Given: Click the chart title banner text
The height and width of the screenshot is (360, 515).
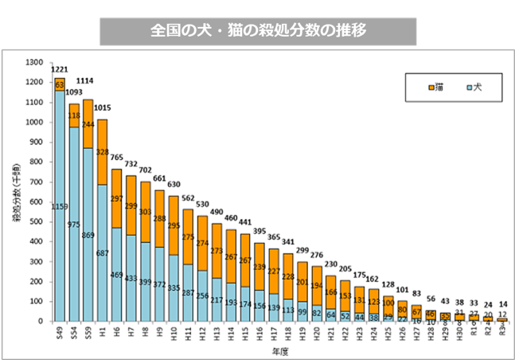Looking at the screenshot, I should point(258,31).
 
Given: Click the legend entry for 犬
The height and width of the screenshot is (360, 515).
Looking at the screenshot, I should point(472,85).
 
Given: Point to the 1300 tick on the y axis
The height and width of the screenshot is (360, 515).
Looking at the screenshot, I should point(35,62).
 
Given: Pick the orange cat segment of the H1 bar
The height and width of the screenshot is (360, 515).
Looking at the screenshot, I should point(102,151).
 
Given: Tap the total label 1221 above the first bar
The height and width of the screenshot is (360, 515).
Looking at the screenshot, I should point(59,70).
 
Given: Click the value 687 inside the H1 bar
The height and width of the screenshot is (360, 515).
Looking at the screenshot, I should point(102,252).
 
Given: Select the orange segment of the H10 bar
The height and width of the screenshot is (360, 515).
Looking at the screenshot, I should point(174,225).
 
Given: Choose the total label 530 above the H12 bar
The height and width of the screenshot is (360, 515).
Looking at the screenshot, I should point(202,206).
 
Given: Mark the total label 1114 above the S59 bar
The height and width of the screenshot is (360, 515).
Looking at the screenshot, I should point(88,80).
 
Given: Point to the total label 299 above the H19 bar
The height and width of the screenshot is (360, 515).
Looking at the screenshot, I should point(302,252).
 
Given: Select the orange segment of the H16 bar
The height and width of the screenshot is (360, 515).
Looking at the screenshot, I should point(259,265).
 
